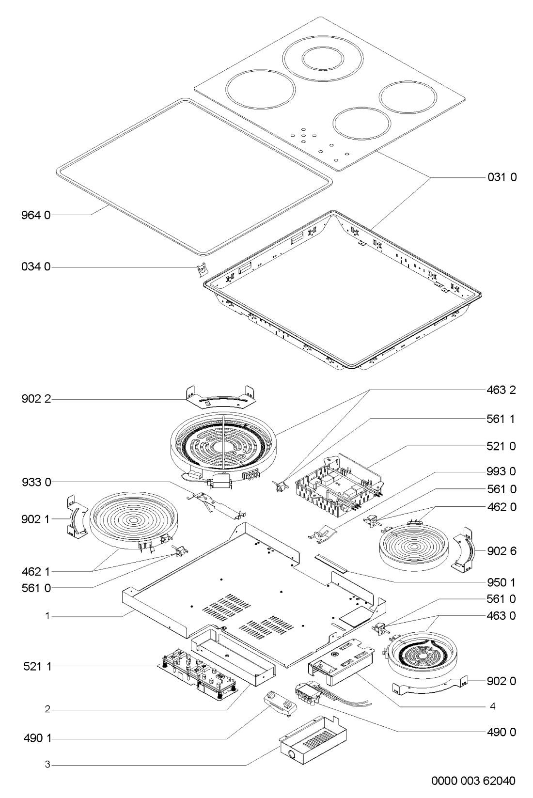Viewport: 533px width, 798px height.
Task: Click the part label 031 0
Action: click(x=502, y=177)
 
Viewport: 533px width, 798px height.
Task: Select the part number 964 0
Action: click(x=36, y=215)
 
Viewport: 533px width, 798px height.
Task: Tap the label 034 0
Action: click(x=36, y=266)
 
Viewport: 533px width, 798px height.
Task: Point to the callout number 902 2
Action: click(x=36, y=399)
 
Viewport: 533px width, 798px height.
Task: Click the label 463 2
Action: click(x=502, y=390)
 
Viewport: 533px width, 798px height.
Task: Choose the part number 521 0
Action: click(x=502, y=446)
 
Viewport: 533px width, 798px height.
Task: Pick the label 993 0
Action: click(x=502, y=471)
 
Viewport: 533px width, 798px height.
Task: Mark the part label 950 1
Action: click(x=502, y=582)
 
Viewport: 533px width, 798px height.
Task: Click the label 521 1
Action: click(x=37, y=666)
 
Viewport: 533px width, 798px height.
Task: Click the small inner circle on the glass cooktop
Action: click(x=323, y=59)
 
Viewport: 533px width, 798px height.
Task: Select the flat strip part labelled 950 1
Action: click(x=330, y=563)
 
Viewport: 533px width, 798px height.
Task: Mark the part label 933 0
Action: click(x=36, y=483)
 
